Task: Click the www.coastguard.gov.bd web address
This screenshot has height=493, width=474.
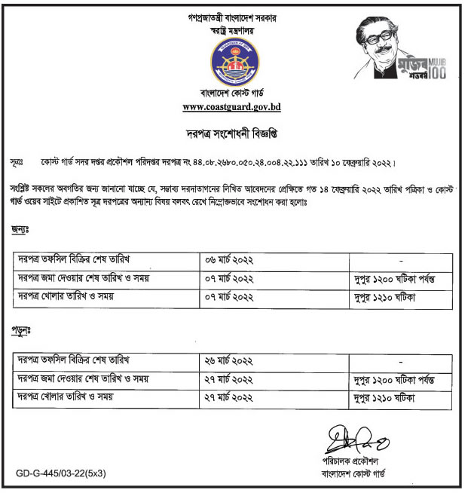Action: click(x=231, y=108)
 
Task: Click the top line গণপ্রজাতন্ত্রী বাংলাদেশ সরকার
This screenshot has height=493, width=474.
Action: click(x=231, y=17)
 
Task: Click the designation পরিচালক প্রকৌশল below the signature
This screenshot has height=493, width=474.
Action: click(x=347, y=461)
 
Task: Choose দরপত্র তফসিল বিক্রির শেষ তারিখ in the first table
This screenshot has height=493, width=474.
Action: click(x=75, y=260)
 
